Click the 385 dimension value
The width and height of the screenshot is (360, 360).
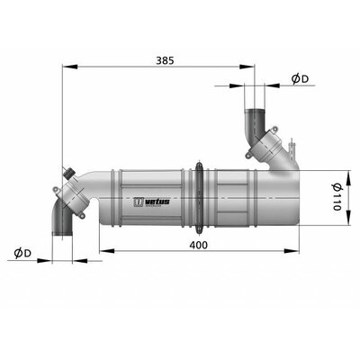click(x=165, y=60)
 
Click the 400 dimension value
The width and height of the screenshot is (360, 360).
click(x=198, y=245)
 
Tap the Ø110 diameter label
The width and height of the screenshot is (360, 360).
click(x=337, y=197)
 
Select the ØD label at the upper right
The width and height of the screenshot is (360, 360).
click(x=300, y=79)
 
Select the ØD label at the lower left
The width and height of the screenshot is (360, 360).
click(x=22, y=253)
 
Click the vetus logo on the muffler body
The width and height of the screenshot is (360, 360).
click(x=151, y=202)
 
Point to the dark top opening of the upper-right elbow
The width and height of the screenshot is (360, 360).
click(x=255, y=112)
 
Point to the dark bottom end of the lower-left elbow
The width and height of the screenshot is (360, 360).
click(x=62, y=233)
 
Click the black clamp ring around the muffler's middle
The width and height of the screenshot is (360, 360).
click(x=198, y=198)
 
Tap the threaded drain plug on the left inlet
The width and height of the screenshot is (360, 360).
click(x=68, y=173)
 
